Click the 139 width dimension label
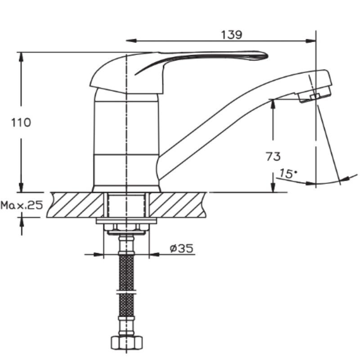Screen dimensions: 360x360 point(231,35)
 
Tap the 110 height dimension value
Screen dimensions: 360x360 point(21,122)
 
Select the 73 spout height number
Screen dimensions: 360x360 point(273,156)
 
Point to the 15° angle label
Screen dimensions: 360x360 point(288,174)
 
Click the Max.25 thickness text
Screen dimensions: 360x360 point(22,205)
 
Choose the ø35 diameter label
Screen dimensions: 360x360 point(181,248)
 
